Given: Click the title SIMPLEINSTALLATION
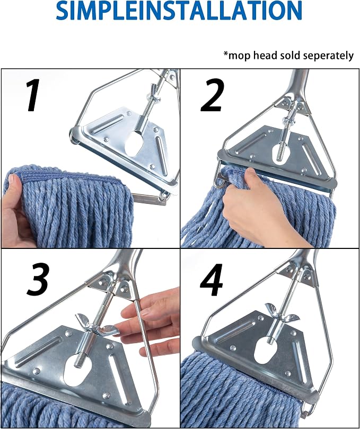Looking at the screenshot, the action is [179, 11].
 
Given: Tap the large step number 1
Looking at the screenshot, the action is [33, 95].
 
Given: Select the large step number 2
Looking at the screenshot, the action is [212, 95].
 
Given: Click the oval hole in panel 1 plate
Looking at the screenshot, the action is [134, 144].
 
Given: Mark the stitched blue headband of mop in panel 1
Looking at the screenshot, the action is [71, 178].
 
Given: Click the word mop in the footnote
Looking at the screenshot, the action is [240, 56].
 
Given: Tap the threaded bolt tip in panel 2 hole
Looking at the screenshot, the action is [280, 155].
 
